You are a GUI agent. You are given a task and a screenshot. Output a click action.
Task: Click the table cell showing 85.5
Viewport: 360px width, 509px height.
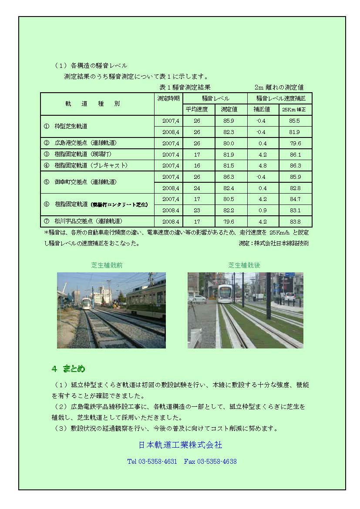click(295, 121)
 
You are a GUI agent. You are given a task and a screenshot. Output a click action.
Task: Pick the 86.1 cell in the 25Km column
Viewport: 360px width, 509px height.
click(295, 154)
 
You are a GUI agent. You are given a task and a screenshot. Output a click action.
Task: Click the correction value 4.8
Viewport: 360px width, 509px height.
click(263, 166)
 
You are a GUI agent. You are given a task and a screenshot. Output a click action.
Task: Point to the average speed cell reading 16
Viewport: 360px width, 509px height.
click(197, 166)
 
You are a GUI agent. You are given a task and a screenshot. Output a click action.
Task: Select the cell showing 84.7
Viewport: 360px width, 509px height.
click(295, 199)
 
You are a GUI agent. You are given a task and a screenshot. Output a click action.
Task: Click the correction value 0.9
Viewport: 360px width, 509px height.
click(263, 210)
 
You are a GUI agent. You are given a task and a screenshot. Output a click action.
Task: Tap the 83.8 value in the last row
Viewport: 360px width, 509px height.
click(295, 221)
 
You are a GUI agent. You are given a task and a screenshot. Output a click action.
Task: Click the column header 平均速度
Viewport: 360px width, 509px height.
click(197, 109)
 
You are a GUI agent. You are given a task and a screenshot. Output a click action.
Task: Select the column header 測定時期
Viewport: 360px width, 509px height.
click(168, 98)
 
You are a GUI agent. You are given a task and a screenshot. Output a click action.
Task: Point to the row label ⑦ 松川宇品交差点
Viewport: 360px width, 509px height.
click(82, 221)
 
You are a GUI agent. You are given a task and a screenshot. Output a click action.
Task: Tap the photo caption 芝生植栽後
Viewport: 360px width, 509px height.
click(244, 265)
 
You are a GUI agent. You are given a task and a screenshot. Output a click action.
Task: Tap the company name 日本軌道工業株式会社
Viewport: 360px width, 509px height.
click(180, 445)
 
